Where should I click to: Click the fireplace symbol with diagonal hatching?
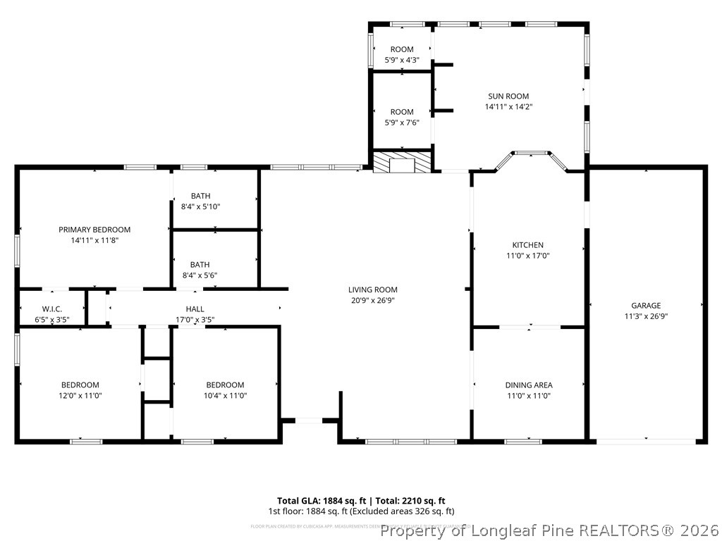click(x=402, y=163)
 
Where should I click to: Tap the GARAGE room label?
click(x=646, y=306)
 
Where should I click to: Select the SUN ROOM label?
click(x=508, y=97)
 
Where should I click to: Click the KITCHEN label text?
click(x=527, y=245)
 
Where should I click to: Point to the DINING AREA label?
click(x=528, y=385)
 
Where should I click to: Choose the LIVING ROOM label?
click(x=372, y=290)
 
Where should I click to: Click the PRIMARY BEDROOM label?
click(x=94, y=230)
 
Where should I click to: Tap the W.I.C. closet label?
click(x=52, y=309)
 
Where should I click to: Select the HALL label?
click(x=195, y=309)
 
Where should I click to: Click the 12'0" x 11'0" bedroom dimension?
click(x=80, y=396)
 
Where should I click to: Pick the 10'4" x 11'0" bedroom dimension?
click(x=225, y=396)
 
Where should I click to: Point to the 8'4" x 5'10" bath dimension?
click(x=201, y=206)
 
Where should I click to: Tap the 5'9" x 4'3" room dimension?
click(x=402, y=60)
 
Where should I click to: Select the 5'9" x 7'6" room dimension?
click(x=402, y=123)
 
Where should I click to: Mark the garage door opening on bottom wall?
click(x=646, y=441)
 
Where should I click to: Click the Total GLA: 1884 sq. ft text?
click(x=318, y=501)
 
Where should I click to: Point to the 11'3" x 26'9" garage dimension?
click(x=646, y=316)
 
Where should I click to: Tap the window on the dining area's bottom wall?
click(x=523, y=442)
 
